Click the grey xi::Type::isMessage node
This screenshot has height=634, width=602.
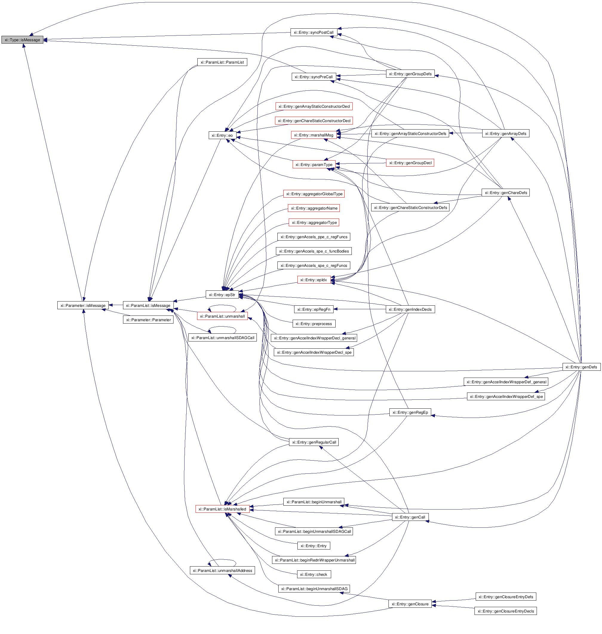pyautogui.click(x=22, y=40)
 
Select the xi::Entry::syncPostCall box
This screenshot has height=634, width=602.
pyautogui.click(x=314, y=33)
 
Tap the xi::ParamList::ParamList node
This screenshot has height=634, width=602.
pyautogui.click(x=222, y=62)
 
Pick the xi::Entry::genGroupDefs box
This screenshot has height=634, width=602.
pyautogui.click(x=410, y=74)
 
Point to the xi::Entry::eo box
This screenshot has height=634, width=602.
pyautogui.click(x=222, y=135)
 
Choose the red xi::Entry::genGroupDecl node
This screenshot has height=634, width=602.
pyautogui.click(x=410, y=163)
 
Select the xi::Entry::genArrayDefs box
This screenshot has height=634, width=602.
pyautogui.click(x=506, y=134)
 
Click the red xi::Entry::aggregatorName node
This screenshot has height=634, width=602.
pyautogui.click(x=314, y=208)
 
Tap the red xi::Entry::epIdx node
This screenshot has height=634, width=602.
pyautogui.click(x=314, y=280)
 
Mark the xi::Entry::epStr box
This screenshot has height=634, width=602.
pyautogui.click(x=222, y=295)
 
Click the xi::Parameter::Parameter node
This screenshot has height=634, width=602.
pyautogui.click(x=148, y=320)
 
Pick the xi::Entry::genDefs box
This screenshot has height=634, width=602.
pyautogui.click(x=581, y=367)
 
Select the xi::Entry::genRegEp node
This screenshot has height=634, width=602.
pyautogui.click(x=410, y=413)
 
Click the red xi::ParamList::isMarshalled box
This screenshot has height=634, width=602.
pyautogui.click(x=222, y=509)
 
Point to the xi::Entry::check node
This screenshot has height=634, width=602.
pyautogui.click(x=314, y=574)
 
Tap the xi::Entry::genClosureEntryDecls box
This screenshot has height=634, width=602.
pyautogui.click(x=506, y=611)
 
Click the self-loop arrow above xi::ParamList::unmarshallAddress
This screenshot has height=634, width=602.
pyautogui.click(x=222, y=560)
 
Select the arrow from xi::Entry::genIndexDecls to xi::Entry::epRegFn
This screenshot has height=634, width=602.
pyautogui.click(x=360, y=309)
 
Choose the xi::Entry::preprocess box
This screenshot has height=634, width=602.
pyautogui.click(x=314, y=324)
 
